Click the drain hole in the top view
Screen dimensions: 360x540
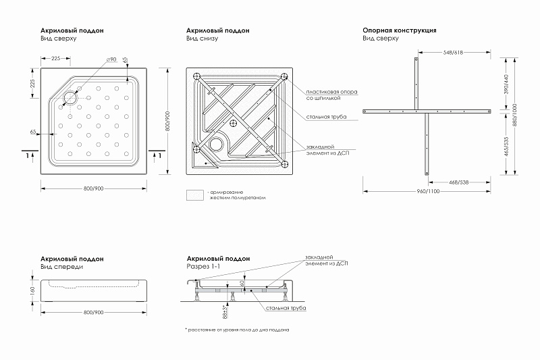point(70,96)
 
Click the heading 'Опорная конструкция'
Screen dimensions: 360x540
point(399,30)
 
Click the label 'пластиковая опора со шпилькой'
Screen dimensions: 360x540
point(331,95)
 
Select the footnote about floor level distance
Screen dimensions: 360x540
point(238,330)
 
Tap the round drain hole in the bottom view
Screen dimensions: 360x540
point(217,144)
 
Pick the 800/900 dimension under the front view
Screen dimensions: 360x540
point(93,312)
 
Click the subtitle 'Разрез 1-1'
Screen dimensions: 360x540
point(202,267)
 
